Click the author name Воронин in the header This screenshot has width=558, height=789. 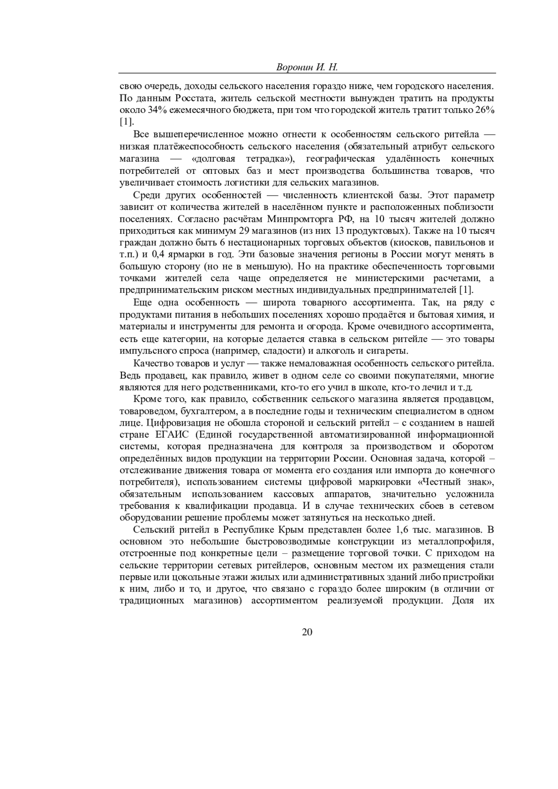click(x=293, y=67)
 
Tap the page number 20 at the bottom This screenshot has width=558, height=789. click(x=307, y=631)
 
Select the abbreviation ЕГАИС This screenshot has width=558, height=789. click(x=171, y=435)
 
